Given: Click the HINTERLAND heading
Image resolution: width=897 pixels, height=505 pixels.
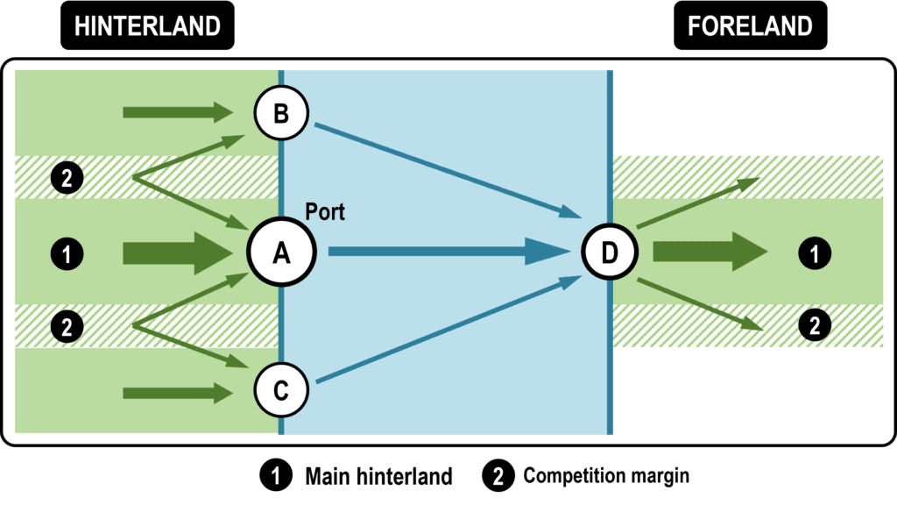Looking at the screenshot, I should click(147, 27).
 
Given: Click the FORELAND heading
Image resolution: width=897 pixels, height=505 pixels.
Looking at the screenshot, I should click(750, 27).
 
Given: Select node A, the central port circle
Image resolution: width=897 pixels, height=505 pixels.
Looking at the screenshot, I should click(281, 253).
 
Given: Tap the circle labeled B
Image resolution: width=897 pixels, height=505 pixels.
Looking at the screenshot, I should click(281, 113).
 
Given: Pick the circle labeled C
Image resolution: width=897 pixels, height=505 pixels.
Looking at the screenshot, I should click(281, 392).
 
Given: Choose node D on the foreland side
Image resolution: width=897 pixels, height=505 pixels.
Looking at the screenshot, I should click(610, 253).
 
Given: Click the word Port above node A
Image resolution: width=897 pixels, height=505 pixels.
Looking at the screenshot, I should click(325, 212).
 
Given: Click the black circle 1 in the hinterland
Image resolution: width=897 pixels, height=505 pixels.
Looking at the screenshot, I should click(67, 254).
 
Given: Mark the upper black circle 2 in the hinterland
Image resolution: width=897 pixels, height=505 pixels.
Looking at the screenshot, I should click(67, 179).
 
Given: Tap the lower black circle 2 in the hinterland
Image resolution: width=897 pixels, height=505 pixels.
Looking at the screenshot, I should click(67, 328).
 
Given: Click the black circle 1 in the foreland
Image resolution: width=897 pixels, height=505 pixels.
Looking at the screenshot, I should click(815, 254).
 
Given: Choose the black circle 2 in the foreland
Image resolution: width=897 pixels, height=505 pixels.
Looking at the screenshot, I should click(815, 326).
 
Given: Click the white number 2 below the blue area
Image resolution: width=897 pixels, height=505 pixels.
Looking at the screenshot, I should click(498, 477).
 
